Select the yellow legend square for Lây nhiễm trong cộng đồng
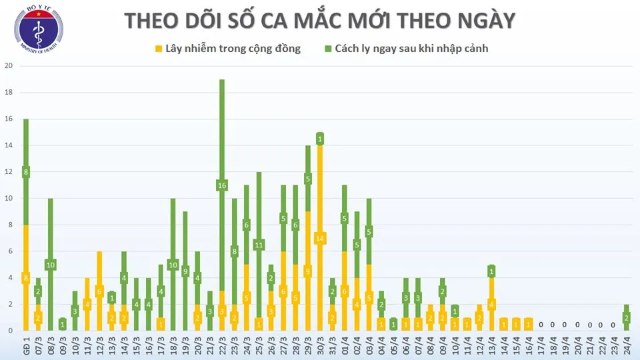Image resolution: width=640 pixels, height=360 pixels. click(159, 49)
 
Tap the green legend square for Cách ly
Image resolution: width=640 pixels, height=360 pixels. click(328, 49)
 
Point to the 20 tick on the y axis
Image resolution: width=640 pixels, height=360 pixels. click(9, 66)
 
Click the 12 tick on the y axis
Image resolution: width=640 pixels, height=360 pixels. click(9, 172)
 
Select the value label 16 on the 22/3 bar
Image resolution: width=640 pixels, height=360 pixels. click(221, 185)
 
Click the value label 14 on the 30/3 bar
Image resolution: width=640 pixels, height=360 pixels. click(320, 238)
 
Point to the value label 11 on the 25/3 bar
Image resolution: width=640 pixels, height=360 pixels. click(259, 245)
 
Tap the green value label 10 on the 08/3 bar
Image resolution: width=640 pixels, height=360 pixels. click(50, 265)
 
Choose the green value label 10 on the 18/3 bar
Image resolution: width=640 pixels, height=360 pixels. click(173, 265)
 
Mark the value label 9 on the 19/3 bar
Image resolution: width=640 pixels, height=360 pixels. click(185, 271)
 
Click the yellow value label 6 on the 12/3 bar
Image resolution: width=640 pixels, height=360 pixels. click(99, 291)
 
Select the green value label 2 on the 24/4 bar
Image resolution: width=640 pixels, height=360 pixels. click(627, 318)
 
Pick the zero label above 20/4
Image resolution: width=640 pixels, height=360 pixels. click(577, 325)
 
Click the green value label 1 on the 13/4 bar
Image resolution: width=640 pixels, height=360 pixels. click(491, 271)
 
